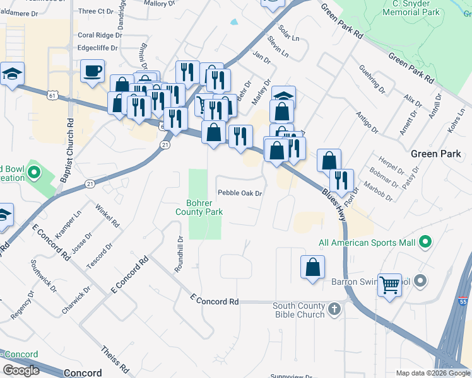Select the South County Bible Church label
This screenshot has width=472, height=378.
point(298,310)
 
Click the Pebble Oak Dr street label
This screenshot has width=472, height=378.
point(239,193)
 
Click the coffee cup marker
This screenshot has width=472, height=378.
point(92,71)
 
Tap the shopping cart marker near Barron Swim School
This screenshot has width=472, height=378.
point(390,284)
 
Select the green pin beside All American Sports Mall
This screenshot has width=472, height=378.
point(425,242)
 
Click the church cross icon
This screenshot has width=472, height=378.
point(334,309)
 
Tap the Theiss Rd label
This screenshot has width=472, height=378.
point(115,358)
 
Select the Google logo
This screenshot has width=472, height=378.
point(21,370)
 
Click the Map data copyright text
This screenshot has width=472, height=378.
point(432,373)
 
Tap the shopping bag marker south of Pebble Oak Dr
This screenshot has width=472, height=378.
point(312,266)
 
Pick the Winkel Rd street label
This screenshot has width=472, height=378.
point(107,215)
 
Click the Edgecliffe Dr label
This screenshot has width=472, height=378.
point(97,47)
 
